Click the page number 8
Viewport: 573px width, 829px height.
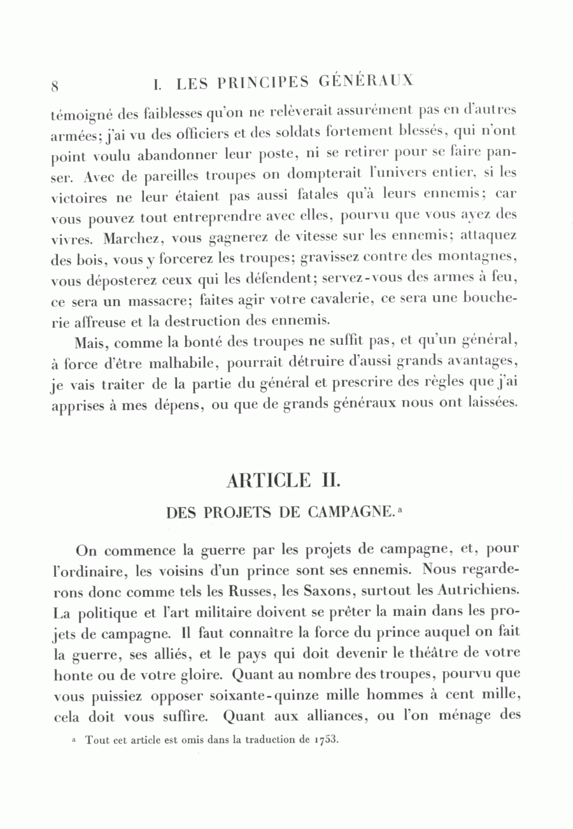[55, 86]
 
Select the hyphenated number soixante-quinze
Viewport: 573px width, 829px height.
[249, 693]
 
